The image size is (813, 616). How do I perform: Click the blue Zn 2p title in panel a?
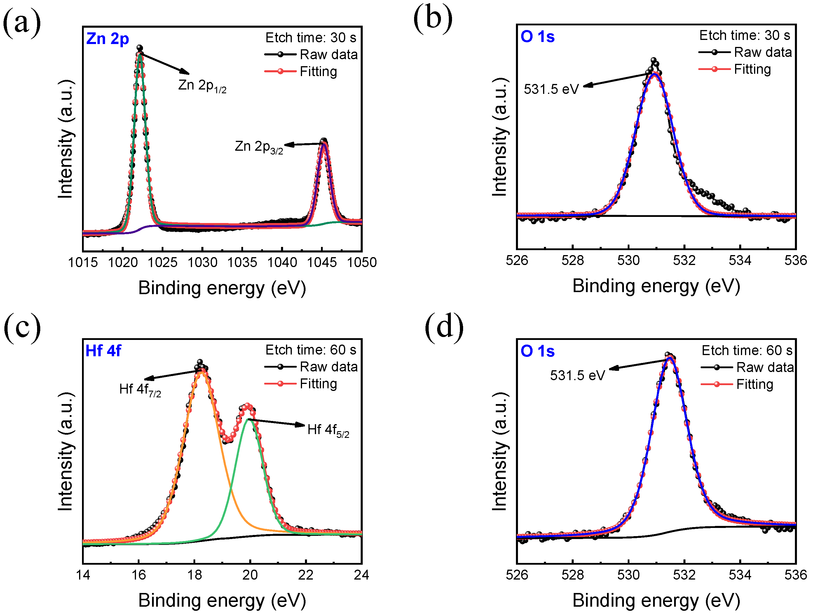coord(107,39)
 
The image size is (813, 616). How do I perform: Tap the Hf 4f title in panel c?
coord(103,351)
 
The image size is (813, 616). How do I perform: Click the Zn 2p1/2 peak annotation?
coord(202,86)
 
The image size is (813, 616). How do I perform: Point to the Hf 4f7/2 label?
coord(140,390)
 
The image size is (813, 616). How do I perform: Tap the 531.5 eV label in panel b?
coord(551,89)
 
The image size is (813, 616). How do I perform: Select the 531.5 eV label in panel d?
coord(578,375)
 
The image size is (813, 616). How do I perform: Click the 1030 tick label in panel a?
coord(202,262)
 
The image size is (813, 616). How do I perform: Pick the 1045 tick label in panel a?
coord(322,262)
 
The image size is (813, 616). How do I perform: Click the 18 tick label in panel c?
coord(194,575)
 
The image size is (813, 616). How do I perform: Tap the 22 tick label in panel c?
coord(306,575)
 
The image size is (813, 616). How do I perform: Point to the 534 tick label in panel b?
coord(740,261)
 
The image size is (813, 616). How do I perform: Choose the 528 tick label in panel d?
coord(573,575)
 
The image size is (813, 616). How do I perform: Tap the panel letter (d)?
coord(444,326)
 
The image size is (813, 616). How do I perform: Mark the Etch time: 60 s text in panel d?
coord(747,351)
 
